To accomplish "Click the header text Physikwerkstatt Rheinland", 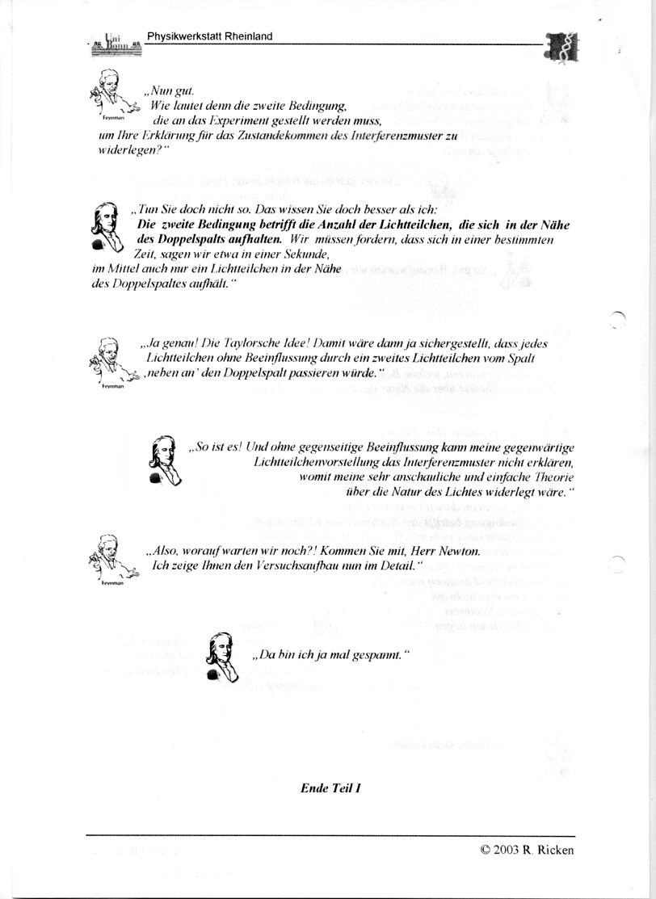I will [x=209, y=36].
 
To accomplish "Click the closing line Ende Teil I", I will [x=330, y=786].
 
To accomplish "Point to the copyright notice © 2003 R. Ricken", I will [x=527, y=849].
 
